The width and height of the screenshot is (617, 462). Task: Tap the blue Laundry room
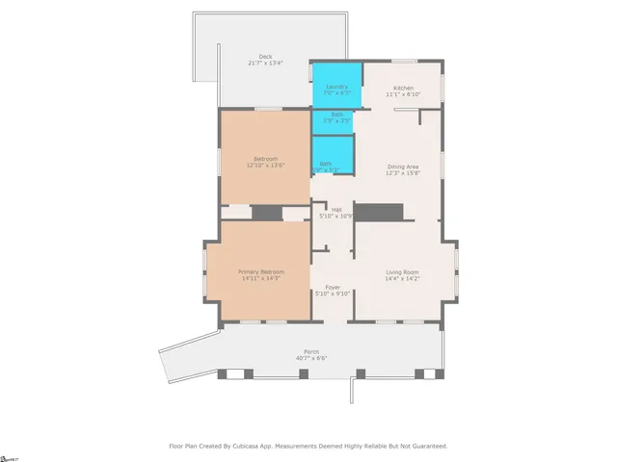coord(336,85)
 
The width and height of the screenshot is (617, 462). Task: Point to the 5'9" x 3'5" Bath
coord(332,122)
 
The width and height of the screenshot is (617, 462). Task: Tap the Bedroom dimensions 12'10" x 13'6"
coord(265,166)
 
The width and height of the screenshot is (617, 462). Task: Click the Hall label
coord(336,210)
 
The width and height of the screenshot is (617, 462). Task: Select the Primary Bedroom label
coord(261,271)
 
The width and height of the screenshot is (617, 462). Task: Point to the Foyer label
coord(332,287)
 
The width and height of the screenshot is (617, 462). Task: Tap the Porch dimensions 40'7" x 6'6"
coord(311,358)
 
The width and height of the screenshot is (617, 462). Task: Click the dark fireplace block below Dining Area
coord(377,212)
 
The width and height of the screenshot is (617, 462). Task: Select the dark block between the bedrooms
coord(266,213)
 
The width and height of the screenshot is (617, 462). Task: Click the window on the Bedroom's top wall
coord(268,109)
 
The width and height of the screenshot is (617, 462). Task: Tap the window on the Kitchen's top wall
coord(403,62)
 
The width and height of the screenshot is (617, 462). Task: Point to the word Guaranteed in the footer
coord(425,446)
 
